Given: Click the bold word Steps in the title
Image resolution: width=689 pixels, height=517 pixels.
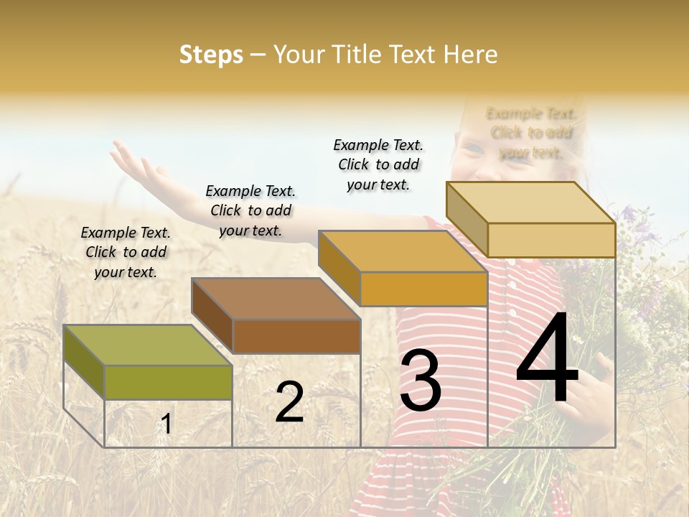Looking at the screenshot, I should click(211, 55).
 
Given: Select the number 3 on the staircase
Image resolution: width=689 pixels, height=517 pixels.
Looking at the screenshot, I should click(421, 381).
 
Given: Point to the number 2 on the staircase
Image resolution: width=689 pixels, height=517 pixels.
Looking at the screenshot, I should click(289, 402).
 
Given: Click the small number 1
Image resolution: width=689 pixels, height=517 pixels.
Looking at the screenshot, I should click(167, 424).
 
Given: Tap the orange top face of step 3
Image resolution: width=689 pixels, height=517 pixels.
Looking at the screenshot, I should click(403, 251).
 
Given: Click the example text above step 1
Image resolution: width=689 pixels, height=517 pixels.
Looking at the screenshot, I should click(126, 252).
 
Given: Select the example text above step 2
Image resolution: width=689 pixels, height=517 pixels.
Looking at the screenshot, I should click(250, 210).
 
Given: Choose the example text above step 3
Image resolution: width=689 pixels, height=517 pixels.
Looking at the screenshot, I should click(378, 164).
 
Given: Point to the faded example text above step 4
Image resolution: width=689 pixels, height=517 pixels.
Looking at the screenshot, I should click(531, 133).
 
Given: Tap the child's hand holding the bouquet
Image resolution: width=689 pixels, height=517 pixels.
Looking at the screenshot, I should click(592, 391).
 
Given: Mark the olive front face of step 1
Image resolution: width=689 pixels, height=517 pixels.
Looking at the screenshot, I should click(169, 382).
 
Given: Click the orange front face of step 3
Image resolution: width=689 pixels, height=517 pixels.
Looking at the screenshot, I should click(423, 289).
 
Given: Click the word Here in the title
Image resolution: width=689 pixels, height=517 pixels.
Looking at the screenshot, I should click(471, 55).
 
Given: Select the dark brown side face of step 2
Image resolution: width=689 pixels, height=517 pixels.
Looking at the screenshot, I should click(212, 315).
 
